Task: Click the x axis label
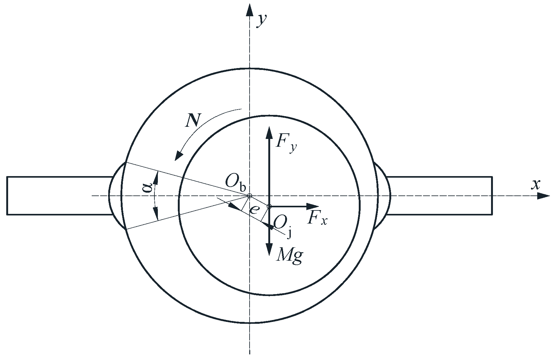(535, 185)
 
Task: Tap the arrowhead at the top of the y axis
(249, 9)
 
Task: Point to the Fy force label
(285, 144)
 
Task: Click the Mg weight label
(289, 256)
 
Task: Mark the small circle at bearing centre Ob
(249, 196)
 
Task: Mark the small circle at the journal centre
(269, 206)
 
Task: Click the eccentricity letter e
(254, 209)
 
